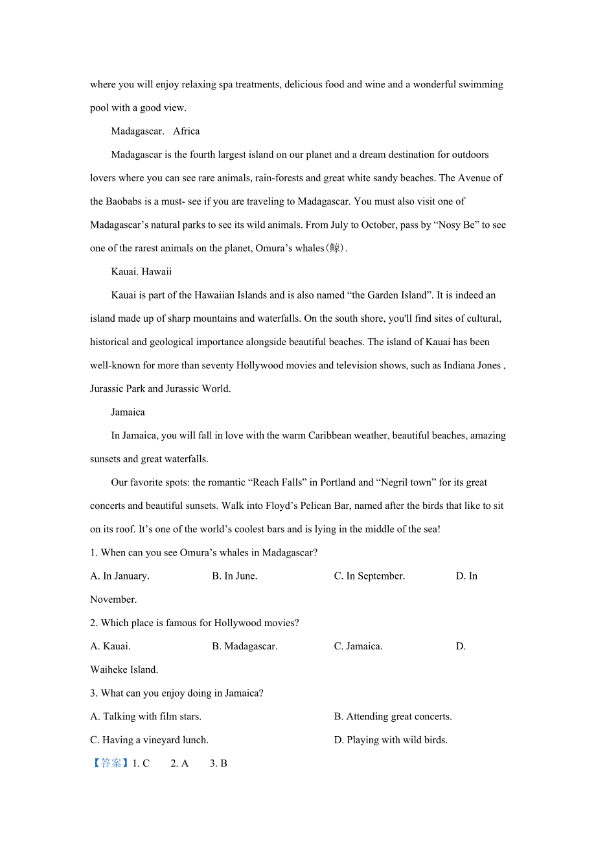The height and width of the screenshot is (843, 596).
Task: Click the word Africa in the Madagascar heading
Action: point(187,131)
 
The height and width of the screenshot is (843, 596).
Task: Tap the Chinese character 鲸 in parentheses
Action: point(334,249)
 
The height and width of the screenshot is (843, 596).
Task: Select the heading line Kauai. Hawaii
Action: point(141,272)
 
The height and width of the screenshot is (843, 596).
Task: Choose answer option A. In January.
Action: point(120,576)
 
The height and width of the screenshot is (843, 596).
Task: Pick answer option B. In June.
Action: point(235,576)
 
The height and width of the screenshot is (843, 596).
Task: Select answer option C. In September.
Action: point(369,576)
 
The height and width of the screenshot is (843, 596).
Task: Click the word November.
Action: point(113,600)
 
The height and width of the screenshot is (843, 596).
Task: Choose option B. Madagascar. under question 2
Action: point(245,646)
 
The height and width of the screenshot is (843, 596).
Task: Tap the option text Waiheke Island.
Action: point(124,669)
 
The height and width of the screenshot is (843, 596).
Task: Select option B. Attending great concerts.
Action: point(393,717)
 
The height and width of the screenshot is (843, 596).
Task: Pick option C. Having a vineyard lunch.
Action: point(149,740)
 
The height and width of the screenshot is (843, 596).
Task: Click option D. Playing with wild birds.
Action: point(391,740)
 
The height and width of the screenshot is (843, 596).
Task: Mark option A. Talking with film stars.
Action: point(146,717)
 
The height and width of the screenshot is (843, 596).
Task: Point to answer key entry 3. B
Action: point(218,763)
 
